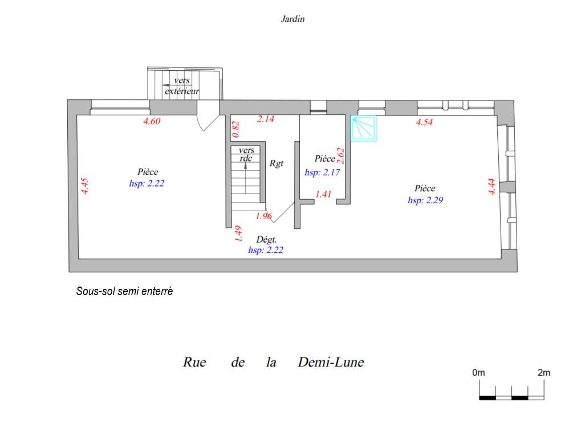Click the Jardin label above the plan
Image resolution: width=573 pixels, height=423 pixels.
pos(292,19)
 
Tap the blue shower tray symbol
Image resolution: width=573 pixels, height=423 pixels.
pos(364,128)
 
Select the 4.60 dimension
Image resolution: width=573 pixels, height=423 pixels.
pos(152,121)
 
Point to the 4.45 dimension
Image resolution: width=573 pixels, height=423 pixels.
pos(84,186)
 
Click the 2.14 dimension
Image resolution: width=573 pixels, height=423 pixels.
pos(265,119)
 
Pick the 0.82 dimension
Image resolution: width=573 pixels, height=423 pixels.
pos(235,129)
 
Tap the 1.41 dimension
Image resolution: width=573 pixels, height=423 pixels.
pos(323,194)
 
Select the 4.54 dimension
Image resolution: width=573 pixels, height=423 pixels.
pos(424,122)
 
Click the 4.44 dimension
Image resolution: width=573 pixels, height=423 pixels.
pos(491,186)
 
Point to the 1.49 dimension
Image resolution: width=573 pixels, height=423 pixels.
pos(238,233)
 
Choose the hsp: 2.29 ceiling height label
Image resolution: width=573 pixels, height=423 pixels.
pos(425,200)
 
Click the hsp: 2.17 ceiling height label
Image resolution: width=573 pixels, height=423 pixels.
pos(322,172)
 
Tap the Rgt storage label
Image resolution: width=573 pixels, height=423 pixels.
pos(277,163)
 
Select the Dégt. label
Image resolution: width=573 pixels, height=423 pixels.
pos(266,240)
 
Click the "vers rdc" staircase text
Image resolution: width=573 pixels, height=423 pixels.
pos(246,154)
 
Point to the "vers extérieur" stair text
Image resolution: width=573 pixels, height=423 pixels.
pos(182,86)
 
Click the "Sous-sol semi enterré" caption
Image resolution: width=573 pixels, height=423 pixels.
pos(124,291)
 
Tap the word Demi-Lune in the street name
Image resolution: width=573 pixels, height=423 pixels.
pos(331,362)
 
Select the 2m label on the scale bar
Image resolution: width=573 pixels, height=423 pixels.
pos(544,373)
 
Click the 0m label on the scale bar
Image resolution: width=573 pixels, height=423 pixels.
pos(479,373)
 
